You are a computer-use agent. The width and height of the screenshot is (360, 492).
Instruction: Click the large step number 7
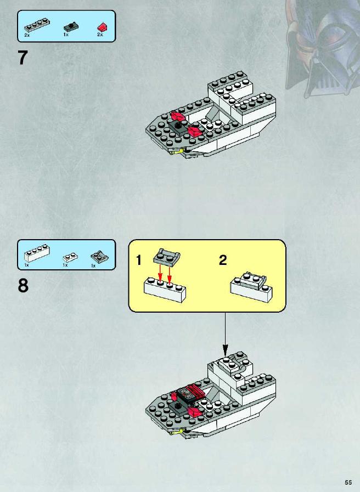tap(23, 58)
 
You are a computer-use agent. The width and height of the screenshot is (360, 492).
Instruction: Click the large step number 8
tap(23, 286)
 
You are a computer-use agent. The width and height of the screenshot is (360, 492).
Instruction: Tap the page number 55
tap(348, 482)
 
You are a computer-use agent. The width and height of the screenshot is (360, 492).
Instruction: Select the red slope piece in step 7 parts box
tap(102, 27)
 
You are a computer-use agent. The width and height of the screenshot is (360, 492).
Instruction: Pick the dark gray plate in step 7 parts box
tap(71, 27)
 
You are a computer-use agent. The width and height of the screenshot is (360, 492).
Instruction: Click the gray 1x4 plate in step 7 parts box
tap(37, 26)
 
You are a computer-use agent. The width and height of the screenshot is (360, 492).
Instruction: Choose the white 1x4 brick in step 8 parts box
tap(37, 253)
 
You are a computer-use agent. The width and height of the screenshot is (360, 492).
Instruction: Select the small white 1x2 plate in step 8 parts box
tap(70, 258)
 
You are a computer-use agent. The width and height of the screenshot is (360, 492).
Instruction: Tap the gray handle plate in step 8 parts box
tap(99, 257)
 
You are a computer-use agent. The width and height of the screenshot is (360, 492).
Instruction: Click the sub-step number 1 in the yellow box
tap(139, 261)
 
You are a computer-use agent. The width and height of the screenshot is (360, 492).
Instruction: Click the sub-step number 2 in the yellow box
tap(223, 260)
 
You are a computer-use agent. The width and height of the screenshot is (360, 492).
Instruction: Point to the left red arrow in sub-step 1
tap(160, 273)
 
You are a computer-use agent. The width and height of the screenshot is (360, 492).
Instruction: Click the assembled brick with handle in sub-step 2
tap(251, 287)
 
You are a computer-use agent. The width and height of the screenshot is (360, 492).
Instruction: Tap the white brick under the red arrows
tap(165, 290)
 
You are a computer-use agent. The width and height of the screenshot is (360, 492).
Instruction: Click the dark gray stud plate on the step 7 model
tap(178, 127)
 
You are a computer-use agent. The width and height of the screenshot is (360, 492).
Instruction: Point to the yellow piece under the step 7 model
tap(177, 152)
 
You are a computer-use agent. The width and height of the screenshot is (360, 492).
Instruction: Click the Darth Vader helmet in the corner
tap(322, 47)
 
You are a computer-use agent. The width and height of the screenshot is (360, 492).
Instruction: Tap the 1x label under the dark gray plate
tap(66, 35)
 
